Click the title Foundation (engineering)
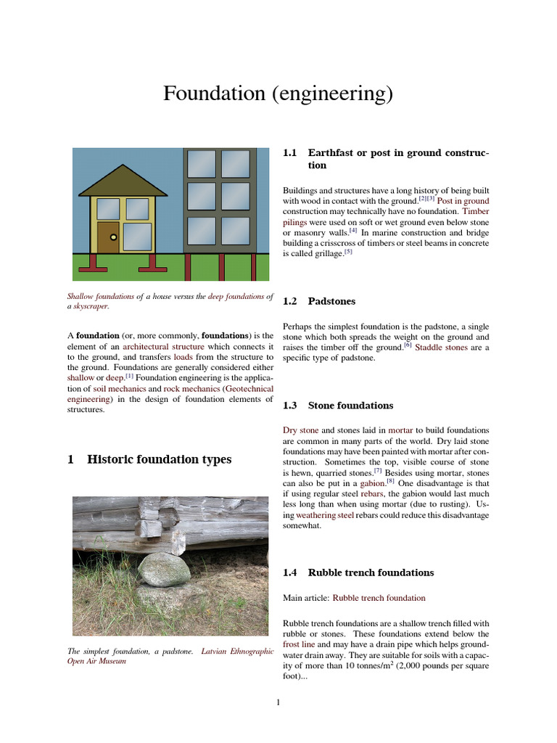tap(278, 94)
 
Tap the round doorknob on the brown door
tap(113, 237)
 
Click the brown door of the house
tap(108, 237)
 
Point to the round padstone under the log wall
tap(164, 570)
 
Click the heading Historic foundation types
tap(149, 459)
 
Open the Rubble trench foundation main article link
tap(379, 598)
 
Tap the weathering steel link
tap(325, 514)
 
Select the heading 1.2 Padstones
tap(319, 300)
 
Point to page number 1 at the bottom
tap(278, 702)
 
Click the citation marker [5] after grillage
tap(348, 252)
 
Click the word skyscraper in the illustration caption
tap(90, 306)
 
